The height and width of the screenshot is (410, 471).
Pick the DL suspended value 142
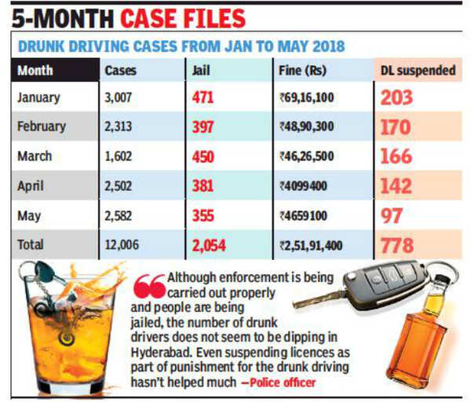click(x=396, y=185)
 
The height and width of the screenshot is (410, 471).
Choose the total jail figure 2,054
click(x=209, y=245)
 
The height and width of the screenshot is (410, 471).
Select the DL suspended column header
click(x=418, y=70)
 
